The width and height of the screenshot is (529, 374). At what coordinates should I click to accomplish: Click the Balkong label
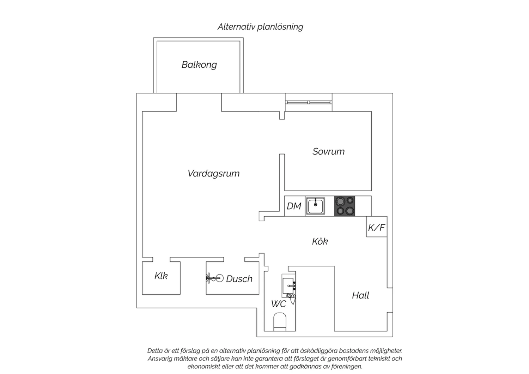[x=199, y=65]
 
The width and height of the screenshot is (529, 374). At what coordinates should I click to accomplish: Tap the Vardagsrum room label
[x=213, y=173]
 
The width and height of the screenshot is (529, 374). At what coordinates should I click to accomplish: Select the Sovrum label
[x=328, y=151]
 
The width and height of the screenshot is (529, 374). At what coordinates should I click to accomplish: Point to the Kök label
[x=320, y=241]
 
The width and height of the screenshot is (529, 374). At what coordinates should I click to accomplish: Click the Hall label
[x=360, y=295]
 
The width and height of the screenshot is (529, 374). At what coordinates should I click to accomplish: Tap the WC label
[x=279, y=304]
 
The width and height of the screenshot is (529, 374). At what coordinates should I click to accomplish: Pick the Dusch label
[x=239, y=279]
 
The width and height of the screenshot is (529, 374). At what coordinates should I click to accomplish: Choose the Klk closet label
[x=161, y=276]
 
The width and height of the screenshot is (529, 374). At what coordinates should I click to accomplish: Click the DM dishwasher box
[x=295, y=206]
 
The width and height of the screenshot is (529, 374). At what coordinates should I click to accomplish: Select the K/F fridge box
[x=377, y=227]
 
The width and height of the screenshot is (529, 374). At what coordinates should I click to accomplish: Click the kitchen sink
[x=316, y=206]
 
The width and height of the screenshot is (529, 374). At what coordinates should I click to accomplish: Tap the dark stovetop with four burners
[x=345, y=206]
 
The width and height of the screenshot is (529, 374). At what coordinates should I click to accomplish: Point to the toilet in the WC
[x=280, y=322]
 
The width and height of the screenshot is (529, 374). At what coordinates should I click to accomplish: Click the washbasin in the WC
[x=288, y=286]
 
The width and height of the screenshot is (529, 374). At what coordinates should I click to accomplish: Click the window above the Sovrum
[x=309, y=102]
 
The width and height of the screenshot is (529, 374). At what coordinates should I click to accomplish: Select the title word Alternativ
[x=236, y=27]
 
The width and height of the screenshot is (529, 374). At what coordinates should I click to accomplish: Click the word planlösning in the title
[x=280, y=27]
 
